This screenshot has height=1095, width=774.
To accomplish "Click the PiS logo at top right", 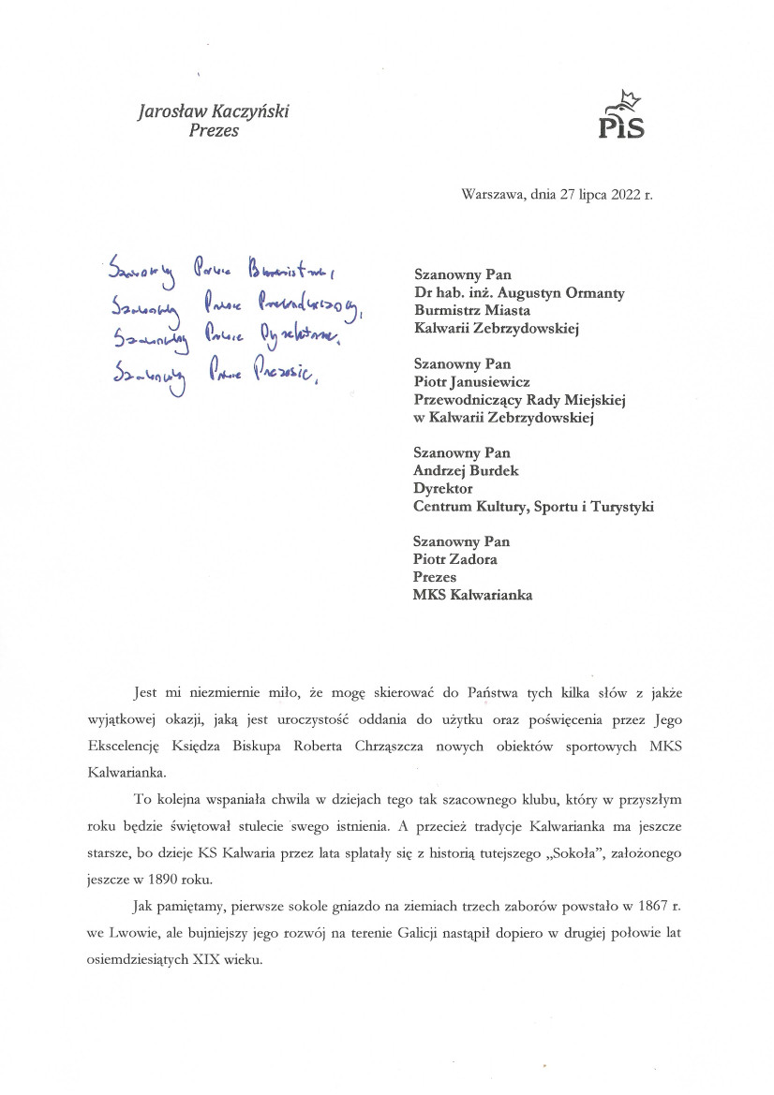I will click(621, 116).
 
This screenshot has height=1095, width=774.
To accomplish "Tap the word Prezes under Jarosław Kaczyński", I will click(214, 131).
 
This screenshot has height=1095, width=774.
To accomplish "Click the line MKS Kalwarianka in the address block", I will click(478, 595).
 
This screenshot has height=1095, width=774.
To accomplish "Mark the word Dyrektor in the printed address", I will click(443, 489).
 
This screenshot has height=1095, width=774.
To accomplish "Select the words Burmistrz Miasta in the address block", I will click(471, 311).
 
